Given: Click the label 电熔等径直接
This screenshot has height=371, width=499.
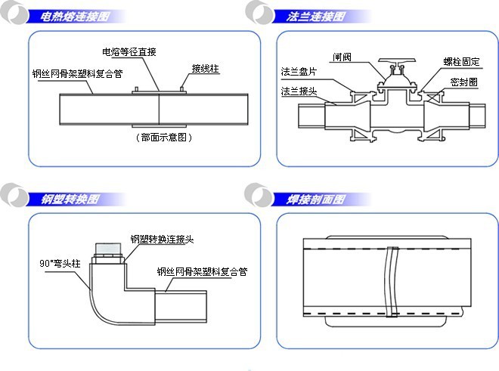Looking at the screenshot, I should click(129, 52).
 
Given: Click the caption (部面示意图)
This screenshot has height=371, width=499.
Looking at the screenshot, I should click(163, 138).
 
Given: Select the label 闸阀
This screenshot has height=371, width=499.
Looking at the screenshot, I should click(342, 57).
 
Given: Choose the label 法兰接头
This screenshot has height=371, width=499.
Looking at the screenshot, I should click(299, 91).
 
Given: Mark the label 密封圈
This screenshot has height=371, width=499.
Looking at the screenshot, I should click(463, 81).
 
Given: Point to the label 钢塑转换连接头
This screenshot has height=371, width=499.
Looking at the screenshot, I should click(162, 239).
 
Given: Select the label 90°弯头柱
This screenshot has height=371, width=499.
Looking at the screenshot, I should click(60, 263).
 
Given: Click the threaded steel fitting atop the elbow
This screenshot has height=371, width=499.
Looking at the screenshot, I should click(107, 251).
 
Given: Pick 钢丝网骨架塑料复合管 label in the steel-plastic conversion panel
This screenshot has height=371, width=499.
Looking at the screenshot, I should click(202, 271).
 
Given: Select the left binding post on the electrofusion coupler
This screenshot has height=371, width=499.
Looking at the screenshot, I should click(136, 91).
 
